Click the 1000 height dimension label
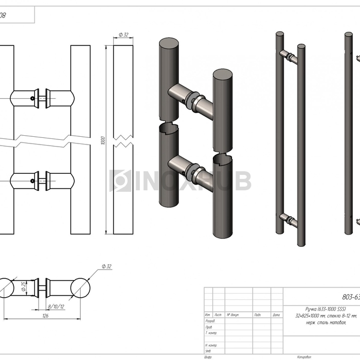(103, 140)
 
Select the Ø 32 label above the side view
(123, 34)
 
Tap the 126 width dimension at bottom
(45, 316)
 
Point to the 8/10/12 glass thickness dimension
(56, 305)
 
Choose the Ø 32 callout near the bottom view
(106, 266)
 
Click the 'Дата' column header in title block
(276, 315)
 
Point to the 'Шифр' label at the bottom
(208, 356)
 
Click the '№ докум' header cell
(231, 315)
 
